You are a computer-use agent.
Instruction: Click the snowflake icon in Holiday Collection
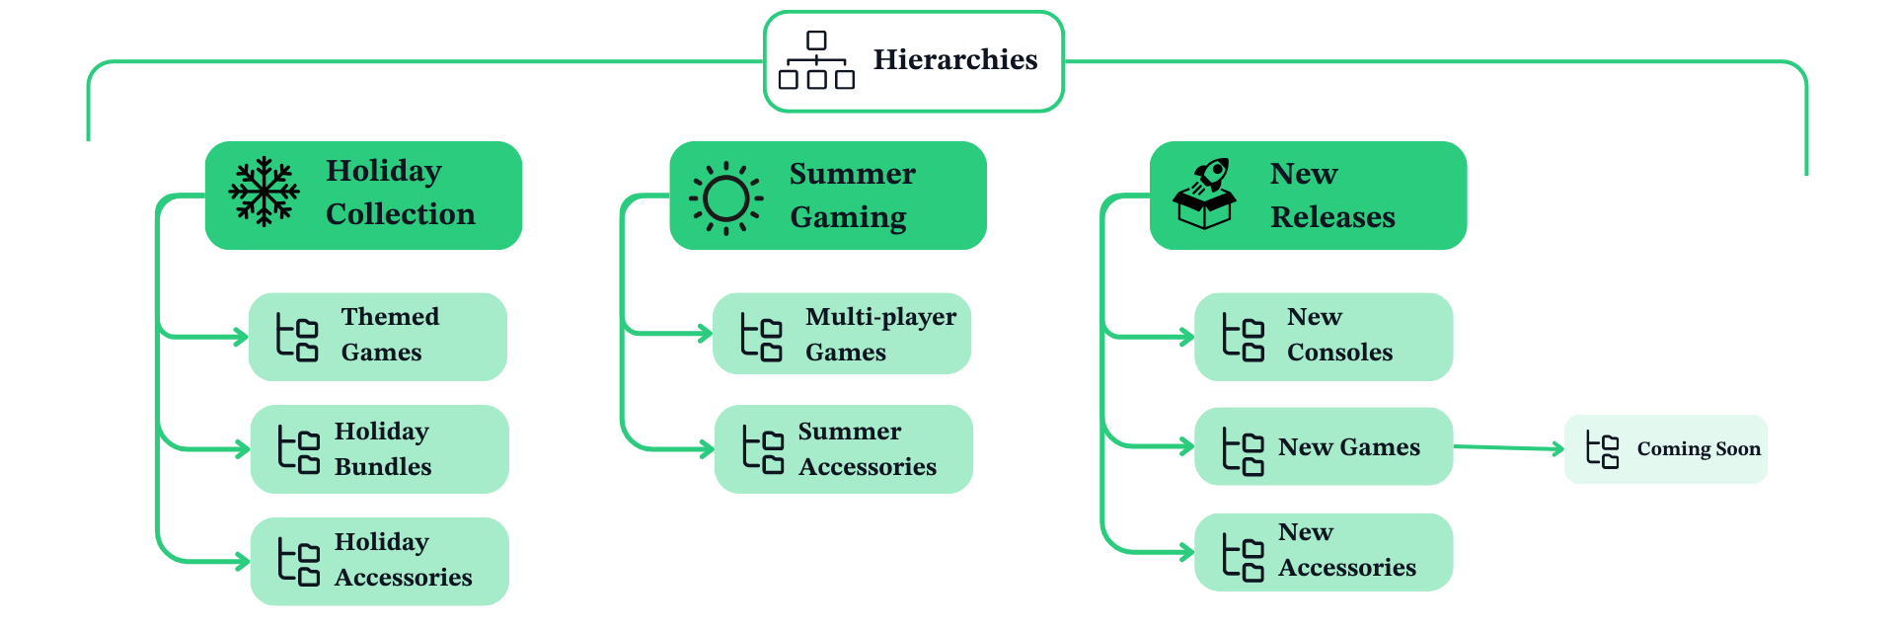(264, 192)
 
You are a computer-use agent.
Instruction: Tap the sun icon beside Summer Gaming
(726, 197)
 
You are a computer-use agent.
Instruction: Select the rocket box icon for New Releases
(1204, 194)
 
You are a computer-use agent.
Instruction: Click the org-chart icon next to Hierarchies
(816, 60)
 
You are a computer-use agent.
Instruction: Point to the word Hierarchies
(954, 60)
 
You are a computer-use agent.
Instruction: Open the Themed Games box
(378, 337)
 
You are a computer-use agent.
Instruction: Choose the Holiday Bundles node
(379, 449)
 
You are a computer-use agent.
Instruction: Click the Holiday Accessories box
(379, 561)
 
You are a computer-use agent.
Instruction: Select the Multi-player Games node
(842, 334)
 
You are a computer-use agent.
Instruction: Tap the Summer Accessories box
(843, 449)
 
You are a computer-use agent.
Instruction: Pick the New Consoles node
(1324, 337)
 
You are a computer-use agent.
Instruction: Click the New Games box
(1324, 446)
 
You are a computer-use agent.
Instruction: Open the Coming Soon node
(1666, 449)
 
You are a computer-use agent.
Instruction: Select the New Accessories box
(1324, 552)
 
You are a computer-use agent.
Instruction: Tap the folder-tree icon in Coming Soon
(1602, 449)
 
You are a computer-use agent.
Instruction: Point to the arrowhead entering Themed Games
(241, 337)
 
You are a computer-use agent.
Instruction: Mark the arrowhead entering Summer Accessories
(707, 449)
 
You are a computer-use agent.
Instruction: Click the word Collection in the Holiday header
(400, 214)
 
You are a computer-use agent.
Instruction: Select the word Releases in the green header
(1332, 217)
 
